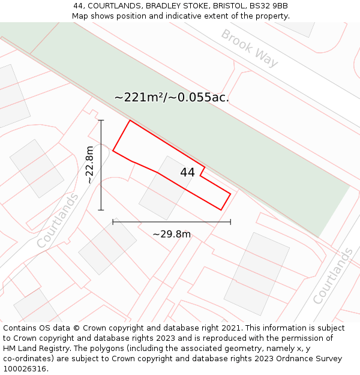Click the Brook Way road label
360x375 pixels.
click(x=250, y=48)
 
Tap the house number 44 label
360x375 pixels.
click(x=187, y=172)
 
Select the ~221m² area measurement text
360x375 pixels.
click(x=172, y=97)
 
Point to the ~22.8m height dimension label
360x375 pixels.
click(x=89, y=164)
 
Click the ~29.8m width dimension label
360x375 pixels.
click(x=172, y=234)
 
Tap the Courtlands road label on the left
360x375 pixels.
click(x=58, y=220)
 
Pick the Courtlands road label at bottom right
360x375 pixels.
click(x=333, y=276)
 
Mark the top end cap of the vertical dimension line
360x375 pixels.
click(x=101, y=121)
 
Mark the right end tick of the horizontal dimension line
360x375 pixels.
click(x=230, y=222)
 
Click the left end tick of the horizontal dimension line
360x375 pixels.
click(x=113, y=222)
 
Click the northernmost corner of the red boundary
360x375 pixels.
click(x=130, y=121)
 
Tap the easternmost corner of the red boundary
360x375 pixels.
click(x=230, y=193)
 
